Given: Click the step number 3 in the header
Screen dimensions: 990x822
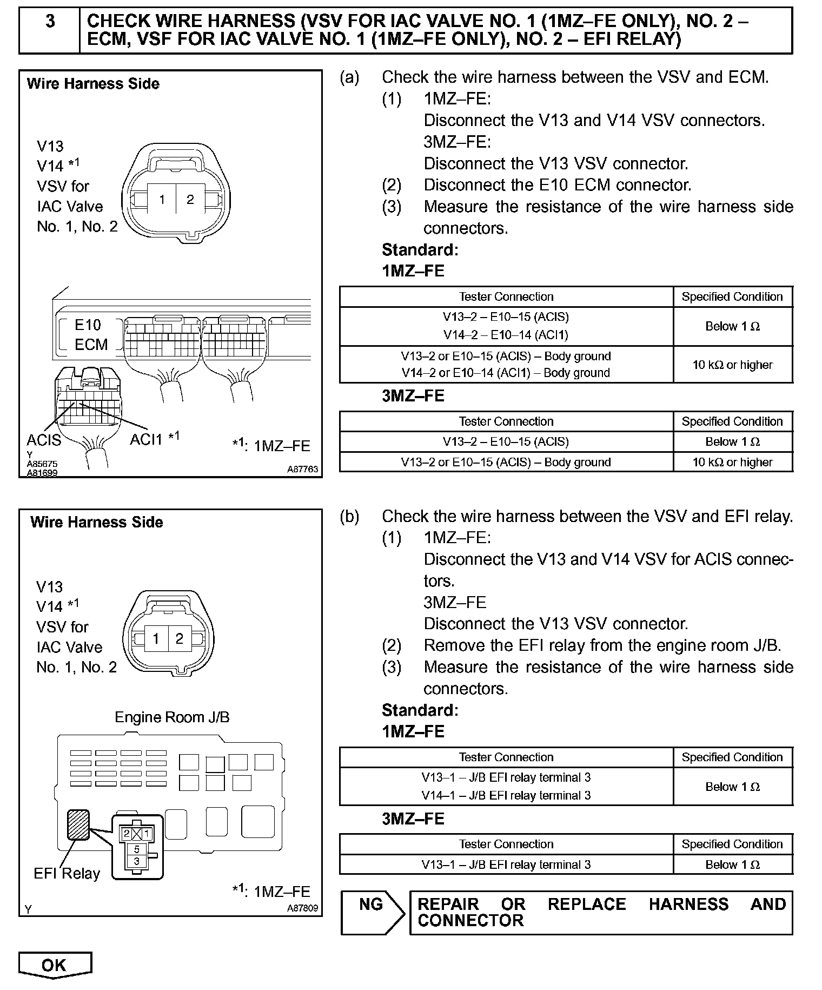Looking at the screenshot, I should pyautogui.click(x=50, y=22).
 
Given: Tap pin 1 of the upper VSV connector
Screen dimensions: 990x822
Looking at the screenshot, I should pyautogui.click(x=162, y=200).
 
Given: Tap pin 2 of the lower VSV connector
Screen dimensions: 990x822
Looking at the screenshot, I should pyautogui.click(x=180, y=638).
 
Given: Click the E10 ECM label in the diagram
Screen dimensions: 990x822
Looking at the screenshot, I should pyautogui.click(x=90, y=334).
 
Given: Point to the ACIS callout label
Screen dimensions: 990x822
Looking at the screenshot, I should pyautogui.click(x=44, y=440).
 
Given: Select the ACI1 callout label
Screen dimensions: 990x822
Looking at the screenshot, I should pyautogui.click(x=146, y=439).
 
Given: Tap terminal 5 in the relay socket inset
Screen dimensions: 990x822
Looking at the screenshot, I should pyautogui.click(x=137, y=849).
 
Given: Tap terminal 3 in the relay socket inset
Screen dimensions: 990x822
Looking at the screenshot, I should pyautogui.click(x=137, y=861).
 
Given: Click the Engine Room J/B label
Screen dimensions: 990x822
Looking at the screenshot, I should pyautogui.click(x=172, y=717).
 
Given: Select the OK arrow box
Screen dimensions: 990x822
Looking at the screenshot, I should pyautogui.click(x=55, y=966).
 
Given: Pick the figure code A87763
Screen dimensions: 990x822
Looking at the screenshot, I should pyautogui.click(x=302, y=470).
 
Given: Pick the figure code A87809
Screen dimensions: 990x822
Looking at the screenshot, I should pyautogui.click(x=302, y=908).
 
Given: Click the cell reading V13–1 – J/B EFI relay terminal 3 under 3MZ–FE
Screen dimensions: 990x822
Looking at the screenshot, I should pyautogui.click(x=506, y=864).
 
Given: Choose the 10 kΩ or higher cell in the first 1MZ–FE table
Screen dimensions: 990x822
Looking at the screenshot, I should pyautogui.click(x=732, y=365).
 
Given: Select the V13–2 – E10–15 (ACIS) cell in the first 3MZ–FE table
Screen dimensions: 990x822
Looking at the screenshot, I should pyautogui.click(x=506, y=441).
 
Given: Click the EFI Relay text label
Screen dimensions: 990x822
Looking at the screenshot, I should pyautogui.click(x=67, y=874).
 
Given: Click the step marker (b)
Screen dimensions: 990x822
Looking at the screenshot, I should pyautogui.click(x=349, y=516).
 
